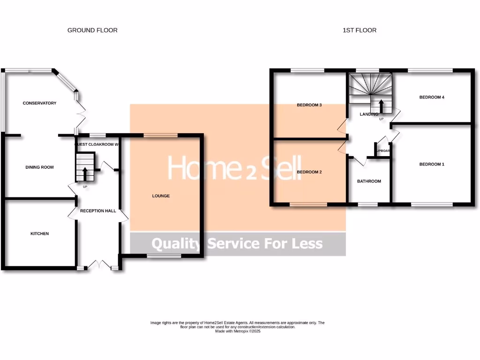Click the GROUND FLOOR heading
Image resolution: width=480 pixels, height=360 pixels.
tap(92, 30)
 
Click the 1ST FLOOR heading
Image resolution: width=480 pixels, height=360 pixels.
tap(360, 30)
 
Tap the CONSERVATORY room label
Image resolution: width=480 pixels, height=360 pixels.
tap(39, 103)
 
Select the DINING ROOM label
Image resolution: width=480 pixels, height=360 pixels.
tap(39, 167)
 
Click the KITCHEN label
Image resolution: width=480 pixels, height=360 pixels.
tap(39, 233)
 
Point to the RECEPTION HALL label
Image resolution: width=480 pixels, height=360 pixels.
tap(98, 211)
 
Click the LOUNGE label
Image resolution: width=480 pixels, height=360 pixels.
tap(161, 196)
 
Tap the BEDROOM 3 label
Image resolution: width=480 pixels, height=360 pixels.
tap(309, 105)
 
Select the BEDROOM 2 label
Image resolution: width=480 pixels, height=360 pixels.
tap(309, 172)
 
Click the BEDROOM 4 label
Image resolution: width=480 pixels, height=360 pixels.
tap(431, 97)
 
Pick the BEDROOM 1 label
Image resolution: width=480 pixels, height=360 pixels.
tap(431, 165)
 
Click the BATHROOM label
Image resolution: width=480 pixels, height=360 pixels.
tap(369, 181)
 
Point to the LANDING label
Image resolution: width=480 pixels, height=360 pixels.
tap(369, 114)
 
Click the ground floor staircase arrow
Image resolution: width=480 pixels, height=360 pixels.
tap(85, 174)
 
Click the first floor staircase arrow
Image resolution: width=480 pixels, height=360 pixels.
tap(381, 105)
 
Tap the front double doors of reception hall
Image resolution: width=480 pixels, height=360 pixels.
tap(99, 265)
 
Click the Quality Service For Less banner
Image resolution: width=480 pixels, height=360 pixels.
tap(237, 244)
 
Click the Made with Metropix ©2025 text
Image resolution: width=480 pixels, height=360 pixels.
tap(237, 331)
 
